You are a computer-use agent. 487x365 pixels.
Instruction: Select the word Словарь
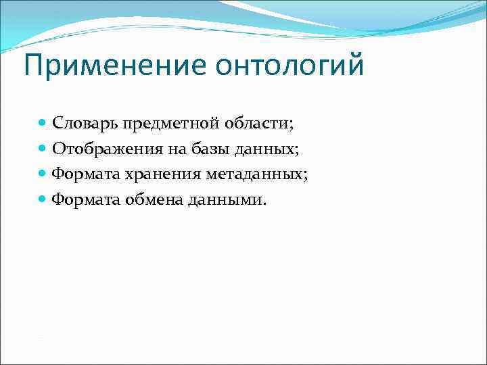[x=86, y=124]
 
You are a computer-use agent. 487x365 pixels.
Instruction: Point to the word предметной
[x=163, y=124]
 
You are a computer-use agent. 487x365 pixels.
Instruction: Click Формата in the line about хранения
[x=86, y=174]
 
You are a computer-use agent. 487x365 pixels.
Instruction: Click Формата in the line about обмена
[x=86, y=199]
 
